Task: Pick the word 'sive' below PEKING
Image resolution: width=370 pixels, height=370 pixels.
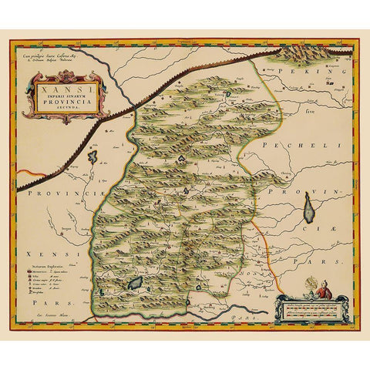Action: [x=311, y=111]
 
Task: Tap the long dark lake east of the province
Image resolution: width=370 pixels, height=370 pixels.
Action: [x=308, y=207]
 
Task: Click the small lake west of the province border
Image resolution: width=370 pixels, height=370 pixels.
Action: [x=92, y=156]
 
